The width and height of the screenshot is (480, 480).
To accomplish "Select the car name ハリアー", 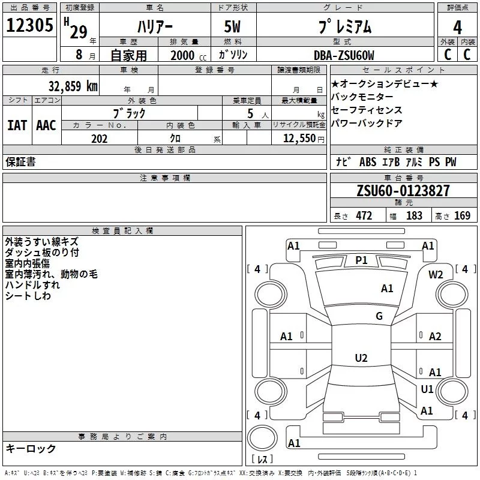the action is pyautogui.click(x=156, y=27).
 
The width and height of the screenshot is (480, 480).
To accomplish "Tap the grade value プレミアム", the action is pyautogui.click(x=344, y=27).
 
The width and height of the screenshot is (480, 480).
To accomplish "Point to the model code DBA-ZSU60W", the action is pyautogui.click(x=344, y=55).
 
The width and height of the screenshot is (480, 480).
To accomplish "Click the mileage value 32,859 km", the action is pyautogui.click(x=73, y=86).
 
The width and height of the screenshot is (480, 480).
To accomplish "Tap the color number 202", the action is pyautogui.click(x=99, y=139).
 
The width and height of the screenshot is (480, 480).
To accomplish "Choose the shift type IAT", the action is pyautogui.click(x=17, y=125).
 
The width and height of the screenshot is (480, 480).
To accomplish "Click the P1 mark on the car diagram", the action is pyautogui.click(x=361, y=260).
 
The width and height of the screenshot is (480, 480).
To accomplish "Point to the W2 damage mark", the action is pyautogui.click(x=436, y=274).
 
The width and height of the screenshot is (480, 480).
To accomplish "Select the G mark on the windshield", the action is pyautogui.click(x=379, y=316).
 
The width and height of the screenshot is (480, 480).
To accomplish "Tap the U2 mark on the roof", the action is pyautogui.click(x=361, y=358).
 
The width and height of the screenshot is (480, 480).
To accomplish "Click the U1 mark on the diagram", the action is pyautogui.click(x=427, y=389).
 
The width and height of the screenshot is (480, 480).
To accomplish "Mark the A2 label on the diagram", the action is pyautogui.click(x=435, y=336).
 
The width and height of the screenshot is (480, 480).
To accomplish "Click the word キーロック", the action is pyautogui.click(x=31, y=448).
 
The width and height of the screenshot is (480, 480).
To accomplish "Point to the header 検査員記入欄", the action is pyautogui.click(x=122, y=230).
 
